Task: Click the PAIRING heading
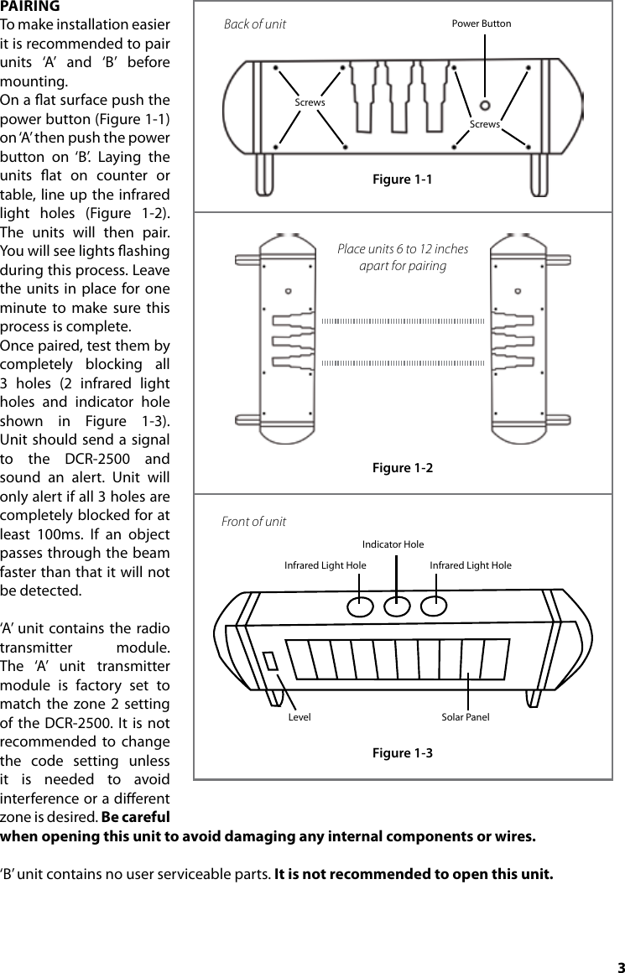click(29, 7)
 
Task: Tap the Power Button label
click(481, 23)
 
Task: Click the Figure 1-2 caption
click(403, 467)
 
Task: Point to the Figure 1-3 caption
click(403, 752)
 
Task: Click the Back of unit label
click(255, 24)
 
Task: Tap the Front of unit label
click(253, 522)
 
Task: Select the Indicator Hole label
click(393, 545)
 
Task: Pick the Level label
click(299, 718)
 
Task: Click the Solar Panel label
click(466, 718)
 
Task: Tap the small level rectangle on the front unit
click(270, 661)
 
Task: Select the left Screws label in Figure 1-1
click(310, 102)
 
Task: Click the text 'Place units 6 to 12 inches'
click(403, 249)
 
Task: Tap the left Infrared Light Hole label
click(325, 566)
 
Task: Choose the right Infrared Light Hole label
click(471, 566)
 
